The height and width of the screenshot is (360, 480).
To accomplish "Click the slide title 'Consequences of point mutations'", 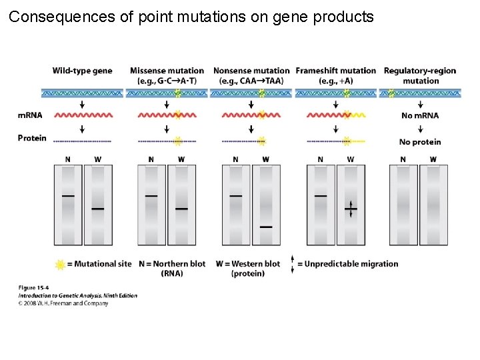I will [191, 17].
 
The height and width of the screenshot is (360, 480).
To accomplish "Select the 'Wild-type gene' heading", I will [82, 71].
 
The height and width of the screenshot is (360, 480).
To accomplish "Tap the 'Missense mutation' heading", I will [167, 71].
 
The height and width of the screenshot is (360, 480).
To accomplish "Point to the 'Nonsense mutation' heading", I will [251, 71].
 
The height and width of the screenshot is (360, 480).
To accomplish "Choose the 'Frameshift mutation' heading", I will [336, 71].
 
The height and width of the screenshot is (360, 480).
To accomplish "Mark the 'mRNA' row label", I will [29, 115].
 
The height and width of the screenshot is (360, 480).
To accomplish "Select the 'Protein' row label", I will [32, 138].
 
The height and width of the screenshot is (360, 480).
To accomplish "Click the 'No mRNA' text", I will [420, 116].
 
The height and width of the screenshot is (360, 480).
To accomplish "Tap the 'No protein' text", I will [420, 142].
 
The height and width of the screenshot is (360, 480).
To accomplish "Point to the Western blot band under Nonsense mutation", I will [266, 227].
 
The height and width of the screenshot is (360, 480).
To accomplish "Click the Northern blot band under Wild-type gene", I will [68, 196].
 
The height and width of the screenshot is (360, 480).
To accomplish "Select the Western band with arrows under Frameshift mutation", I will [351, 209].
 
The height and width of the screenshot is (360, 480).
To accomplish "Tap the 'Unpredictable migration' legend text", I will [347, 264].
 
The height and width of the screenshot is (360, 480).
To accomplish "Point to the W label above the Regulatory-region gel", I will [433, 159].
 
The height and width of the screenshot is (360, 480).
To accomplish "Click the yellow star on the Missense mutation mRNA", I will [177, 115].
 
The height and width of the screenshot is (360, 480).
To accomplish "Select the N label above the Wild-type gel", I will [68, 159].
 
